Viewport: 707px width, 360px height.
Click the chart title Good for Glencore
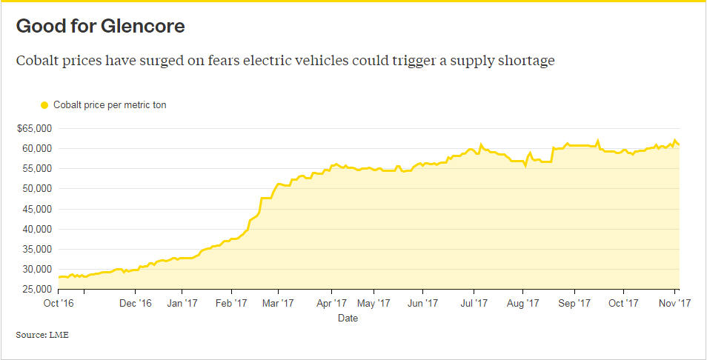coord(100,27)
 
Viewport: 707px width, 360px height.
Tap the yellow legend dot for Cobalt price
coord(44,105)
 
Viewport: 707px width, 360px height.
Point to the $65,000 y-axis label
coord(33,128)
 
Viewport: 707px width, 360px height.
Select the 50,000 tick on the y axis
coord(36,189)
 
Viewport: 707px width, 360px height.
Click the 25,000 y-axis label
coord(36,290)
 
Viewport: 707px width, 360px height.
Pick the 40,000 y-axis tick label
coord(36,229)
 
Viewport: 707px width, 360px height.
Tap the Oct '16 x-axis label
coord(58,302)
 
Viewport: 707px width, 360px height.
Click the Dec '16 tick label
coord(135,302)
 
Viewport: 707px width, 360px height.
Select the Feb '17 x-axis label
coord(231,302)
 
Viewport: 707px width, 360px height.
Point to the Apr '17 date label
coord(331,302)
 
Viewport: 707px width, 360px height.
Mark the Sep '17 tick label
coord(573,302)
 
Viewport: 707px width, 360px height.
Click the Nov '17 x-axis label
coord(675,302)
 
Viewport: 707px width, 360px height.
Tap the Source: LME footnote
coord(42,336)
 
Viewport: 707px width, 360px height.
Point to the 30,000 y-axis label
coord(36,270)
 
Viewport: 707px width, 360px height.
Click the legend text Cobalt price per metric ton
coord(110,105)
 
